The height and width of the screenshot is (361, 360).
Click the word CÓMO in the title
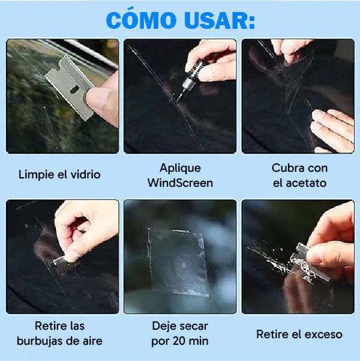pyautogui.click(x=142, y=20)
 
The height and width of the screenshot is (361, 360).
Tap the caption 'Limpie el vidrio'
pyautogui.click(x=59, y=175)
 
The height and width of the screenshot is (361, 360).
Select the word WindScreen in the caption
pyautogui.click(x=180, y=183)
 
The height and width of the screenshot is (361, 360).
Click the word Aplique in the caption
pyautogui.click(x=180, y=168)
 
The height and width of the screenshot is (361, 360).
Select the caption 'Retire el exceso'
pyautogui.click(x=299, y=334)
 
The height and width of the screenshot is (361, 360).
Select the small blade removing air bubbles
pyautogui.click(x=62, y=259)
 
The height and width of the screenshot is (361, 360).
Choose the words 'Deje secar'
pyautogui.click(x=180, y=326)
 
